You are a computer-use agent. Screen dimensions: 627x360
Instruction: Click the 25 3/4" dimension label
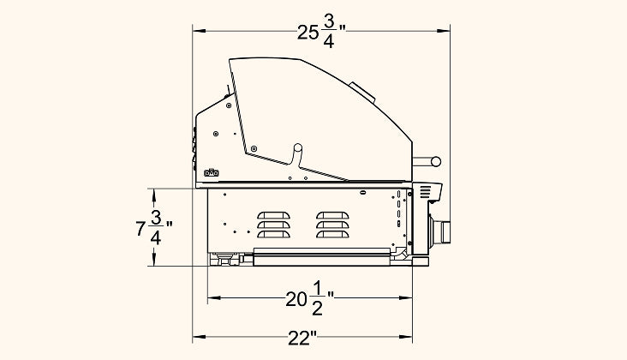coord(321,33)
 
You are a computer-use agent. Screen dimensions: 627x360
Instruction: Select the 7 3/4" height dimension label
coord(154,228)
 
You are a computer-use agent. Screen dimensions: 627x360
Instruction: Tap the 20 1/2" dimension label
coord(309,298)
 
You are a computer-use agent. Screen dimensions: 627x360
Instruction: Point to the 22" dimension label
coord(302,339)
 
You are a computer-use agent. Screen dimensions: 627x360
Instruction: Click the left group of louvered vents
coord(273,225)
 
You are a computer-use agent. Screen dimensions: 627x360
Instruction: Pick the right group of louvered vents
coord(332,225)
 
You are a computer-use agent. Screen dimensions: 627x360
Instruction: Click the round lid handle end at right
coord(436,162)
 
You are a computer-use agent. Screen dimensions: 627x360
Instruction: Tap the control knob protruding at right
coord(440,232)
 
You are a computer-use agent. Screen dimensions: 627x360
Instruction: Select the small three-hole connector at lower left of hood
coord(211,173)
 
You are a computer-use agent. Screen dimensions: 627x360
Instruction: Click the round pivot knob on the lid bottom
coord(297,147)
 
